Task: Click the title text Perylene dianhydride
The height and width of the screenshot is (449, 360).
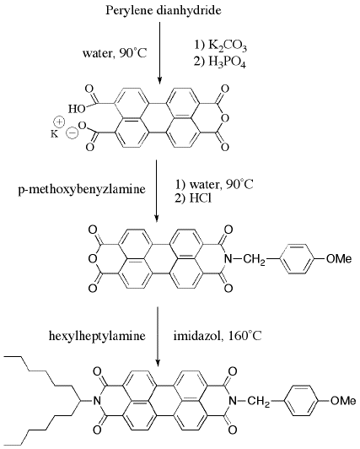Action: (x=164, y=11)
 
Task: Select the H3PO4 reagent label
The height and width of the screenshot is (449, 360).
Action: (x=228, y=62)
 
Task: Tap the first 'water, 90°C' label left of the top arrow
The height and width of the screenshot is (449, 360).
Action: (x=115, y=53)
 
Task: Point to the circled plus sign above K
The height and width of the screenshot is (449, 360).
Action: (x=60, y=122)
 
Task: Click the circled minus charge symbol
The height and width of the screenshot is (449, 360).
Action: (x=71, y=133)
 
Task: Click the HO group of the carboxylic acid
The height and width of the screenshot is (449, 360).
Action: (x=77, y=109)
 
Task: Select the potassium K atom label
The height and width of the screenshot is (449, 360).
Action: (x=54, y=133)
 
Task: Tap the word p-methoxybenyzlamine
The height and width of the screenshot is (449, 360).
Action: (x=82, y=189)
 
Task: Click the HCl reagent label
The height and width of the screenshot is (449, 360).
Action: (x=200, y=198)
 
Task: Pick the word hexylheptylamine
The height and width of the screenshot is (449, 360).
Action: (x=97, y=336)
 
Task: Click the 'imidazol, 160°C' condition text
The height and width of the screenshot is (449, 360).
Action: (x=218, y=336)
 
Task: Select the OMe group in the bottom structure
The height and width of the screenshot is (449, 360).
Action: (x=343, y=401)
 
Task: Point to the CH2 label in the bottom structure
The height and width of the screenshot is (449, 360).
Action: (x=259, y=402)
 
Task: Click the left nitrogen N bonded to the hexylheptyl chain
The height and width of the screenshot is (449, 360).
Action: (x=97, y=401)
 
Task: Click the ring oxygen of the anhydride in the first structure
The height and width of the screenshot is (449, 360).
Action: (x=225, y=117)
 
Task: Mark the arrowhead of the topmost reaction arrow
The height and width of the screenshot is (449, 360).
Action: (x=159, y=80)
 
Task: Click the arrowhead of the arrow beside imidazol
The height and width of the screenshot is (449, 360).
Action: (x=158, y=362)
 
